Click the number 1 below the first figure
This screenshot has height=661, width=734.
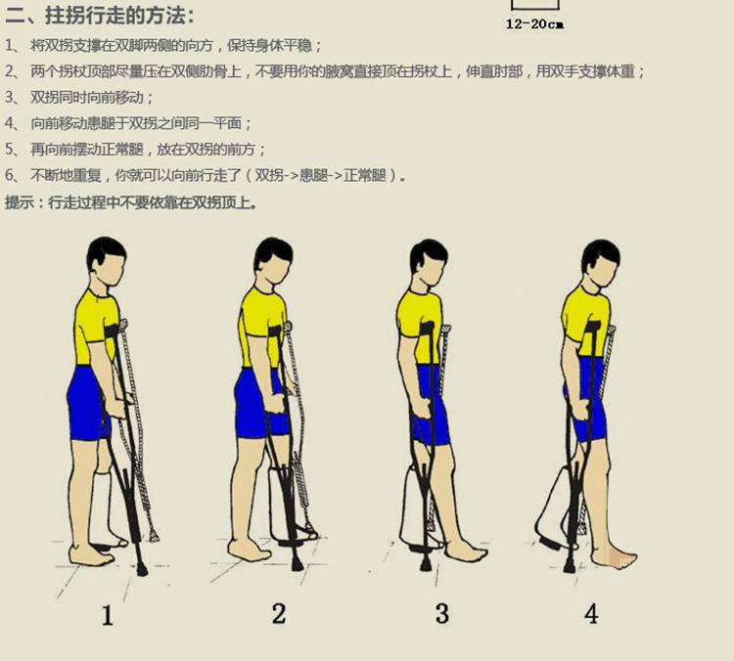108,615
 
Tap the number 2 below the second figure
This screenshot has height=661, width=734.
279,614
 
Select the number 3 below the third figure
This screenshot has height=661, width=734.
442,614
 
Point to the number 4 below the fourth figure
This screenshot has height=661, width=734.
591,614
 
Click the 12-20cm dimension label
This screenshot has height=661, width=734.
534,24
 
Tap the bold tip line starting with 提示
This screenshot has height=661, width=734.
131,203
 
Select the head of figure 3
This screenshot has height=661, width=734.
429,261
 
